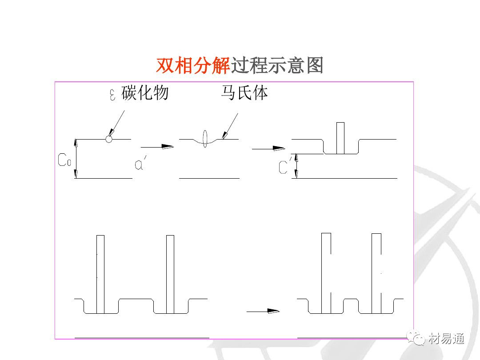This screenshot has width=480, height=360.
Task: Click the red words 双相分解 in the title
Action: coord(192,66)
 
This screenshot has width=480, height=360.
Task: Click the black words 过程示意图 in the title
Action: coord(276,66)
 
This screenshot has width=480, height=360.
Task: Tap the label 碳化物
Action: coord(145,93)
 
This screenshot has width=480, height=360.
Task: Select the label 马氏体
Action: coord(244,93)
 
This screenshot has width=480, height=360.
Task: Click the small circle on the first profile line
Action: coord(109,139)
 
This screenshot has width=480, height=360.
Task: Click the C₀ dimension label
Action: coord(64,160)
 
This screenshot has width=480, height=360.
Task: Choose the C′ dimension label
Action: coord(284,167)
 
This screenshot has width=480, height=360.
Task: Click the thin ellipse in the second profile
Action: coord(205,138)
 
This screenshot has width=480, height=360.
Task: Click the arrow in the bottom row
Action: coord(263,312)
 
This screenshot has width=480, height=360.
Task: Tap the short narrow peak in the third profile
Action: coord(340,138)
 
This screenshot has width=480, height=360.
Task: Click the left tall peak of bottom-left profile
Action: coord(100,274)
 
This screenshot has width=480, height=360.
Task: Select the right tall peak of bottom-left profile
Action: coord(170,274)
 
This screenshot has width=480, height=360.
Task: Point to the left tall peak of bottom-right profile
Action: coord(326,272)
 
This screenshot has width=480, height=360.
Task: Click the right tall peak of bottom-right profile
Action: coord(376,272)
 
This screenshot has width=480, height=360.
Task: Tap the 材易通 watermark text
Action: coord(447,339)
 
